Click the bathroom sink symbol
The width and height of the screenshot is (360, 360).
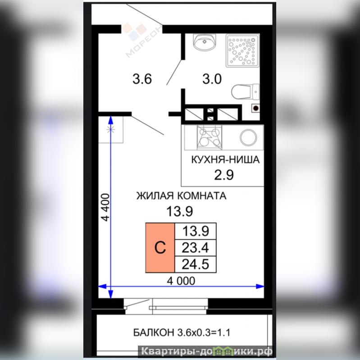[205, 41]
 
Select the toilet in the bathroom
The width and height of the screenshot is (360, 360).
[245, 92]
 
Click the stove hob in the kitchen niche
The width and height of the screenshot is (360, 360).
[210, 137]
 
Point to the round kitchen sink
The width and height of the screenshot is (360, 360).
[248, 137]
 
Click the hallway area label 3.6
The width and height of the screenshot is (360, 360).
[142, 79]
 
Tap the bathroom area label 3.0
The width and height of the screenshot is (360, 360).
[212, 79]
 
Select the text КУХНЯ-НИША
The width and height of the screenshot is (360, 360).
[225, 159]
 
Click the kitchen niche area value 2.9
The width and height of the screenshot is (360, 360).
[224, 175]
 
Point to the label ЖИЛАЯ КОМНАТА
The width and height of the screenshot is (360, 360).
[182, 196]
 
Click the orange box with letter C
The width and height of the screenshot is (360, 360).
[160, 248]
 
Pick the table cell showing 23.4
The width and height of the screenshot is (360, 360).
[196, 248]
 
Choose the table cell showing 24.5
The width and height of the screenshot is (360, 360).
[196, 264]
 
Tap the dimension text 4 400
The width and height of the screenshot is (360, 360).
[106, 207]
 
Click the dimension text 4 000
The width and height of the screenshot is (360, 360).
[181, 281]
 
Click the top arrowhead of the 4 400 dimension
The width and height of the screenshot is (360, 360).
[111, 120]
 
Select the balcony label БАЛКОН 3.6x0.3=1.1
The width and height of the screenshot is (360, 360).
[182, 333]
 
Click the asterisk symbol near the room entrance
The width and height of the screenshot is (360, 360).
[111, 130]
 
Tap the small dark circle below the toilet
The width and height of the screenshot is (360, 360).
[255, 108]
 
